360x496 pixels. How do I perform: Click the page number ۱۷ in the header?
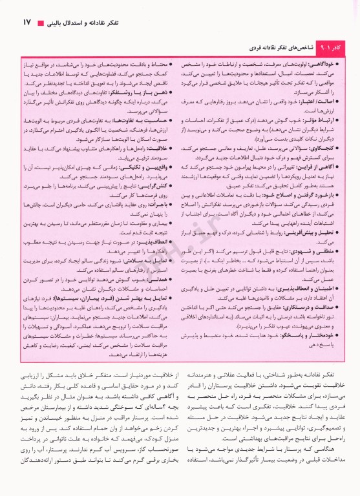pyautogui.click(x=27, y=23)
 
